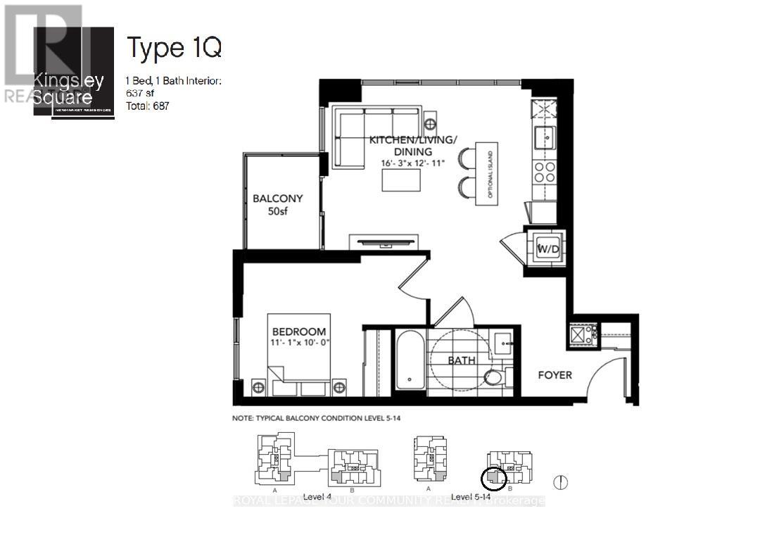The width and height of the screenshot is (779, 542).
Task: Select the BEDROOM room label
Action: click(x=299, y=332)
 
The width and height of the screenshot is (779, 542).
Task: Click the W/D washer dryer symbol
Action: click(x=547, y=248)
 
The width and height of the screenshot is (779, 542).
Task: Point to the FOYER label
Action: click(x=555, y=375)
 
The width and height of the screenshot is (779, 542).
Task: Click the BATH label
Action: click(x=462, y=360)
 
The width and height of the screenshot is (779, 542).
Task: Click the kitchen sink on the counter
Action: click(x=544, y=137)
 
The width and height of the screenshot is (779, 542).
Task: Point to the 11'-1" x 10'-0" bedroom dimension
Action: click(x=299, y=343)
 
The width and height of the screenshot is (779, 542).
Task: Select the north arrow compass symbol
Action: click(x=561, y=483)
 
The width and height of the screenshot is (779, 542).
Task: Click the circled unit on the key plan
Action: click(x=493, y=479)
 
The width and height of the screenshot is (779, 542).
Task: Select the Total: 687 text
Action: click(x=148, y=106)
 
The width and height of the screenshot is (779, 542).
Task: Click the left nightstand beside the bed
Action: click(x=258, y=387)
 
